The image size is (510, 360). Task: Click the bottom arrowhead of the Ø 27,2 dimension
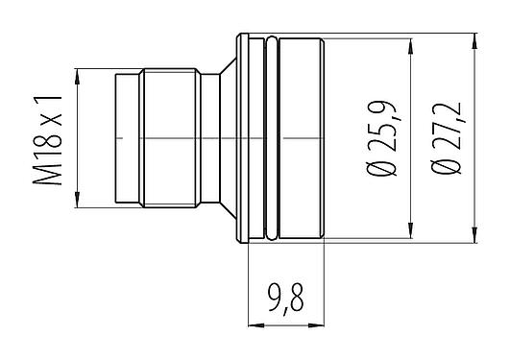point(475,238)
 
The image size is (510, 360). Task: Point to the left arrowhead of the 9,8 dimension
point(253,324)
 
